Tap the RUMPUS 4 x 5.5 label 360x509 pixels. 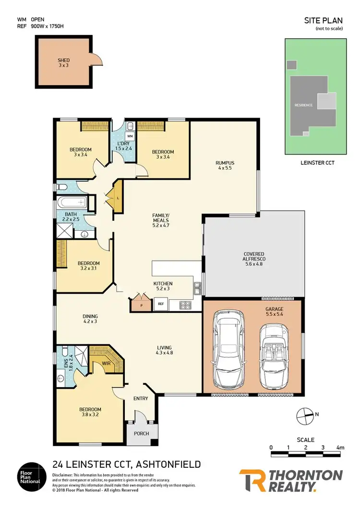click(x=224, y=166)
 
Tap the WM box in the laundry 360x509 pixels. click(x=130, y=136)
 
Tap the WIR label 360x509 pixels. click(x=106, y=364)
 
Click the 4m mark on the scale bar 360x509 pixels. click(x=340, y=448)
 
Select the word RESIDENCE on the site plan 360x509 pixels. click(x=303, y=105)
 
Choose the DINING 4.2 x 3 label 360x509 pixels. click(x=90, y=319)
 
